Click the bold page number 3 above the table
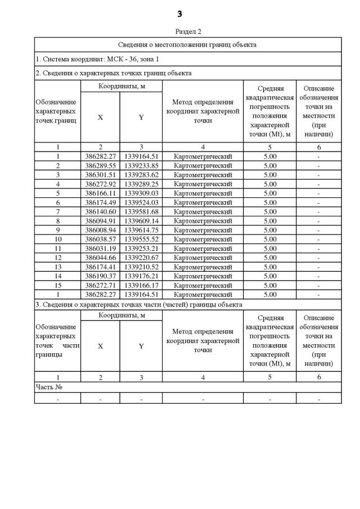point(179,14)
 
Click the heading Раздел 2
point(188,31)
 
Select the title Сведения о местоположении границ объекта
point(188,44)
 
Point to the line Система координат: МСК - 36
point(89,59)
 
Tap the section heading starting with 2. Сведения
point(113,73)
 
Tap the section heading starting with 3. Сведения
point(138,304)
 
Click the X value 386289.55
point(100,166)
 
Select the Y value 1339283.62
point(141,175)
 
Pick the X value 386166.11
point(100,193)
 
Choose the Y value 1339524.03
point(141,202)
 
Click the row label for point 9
point(57,230)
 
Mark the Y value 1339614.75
point(141,230)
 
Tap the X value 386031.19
point(100,249)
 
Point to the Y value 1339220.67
point(141,258)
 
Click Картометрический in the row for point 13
point(203,267)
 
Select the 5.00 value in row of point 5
point(270,193)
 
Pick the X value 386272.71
point(100,285)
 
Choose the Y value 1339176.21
point(141,276)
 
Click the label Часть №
point(48,387)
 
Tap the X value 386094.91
point(100,221)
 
